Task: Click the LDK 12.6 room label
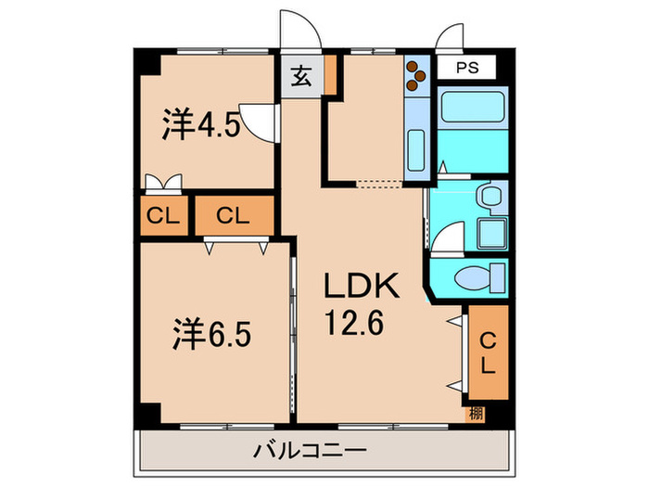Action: click(362, 304)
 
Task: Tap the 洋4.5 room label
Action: click(202, 124)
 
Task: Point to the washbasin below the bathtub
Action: click(490, 197)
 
